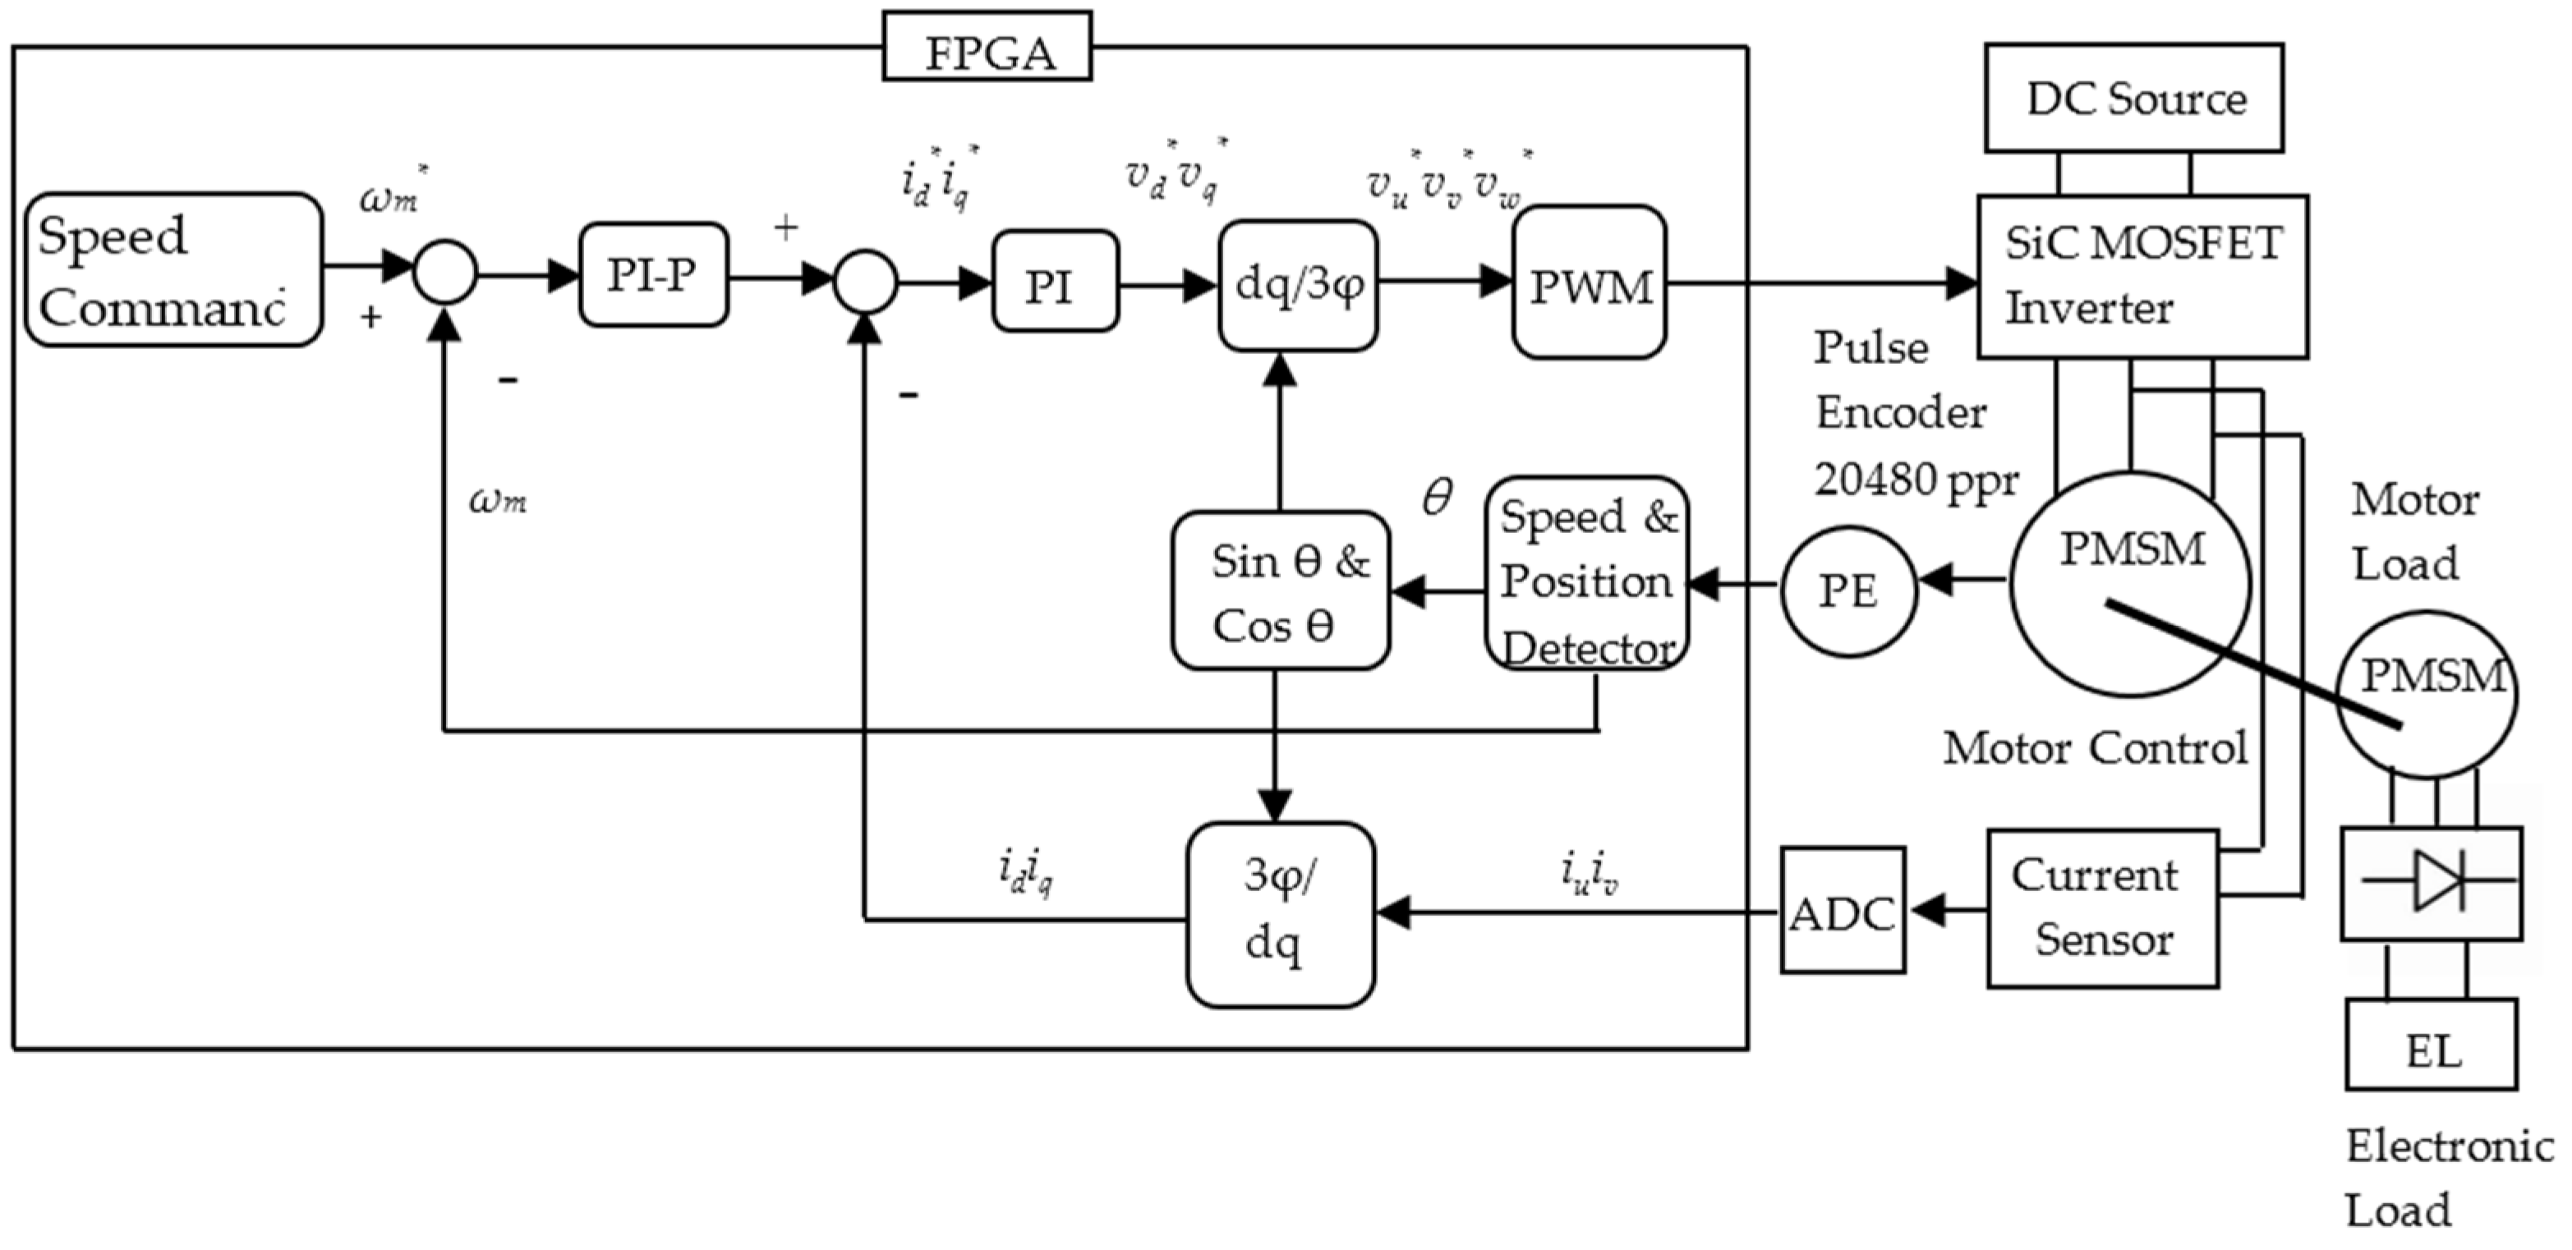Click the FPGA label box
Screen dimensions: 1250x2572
pos(987,47)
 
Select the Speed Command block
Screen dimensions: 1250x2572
pos(173,270)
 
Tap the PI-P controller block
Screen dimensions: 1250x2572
pos(653,274)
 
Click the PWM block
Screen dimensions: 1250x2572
pos(1589,283)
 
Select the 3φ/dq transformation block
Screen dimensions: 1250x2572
pos(1280,913)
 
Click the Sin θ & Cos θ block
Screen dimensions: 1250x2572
pos(1280,591)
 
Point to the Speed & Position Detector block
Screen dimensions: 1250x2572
pos(1586,575)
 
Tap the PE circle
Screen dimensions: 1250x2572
pos(1848,591)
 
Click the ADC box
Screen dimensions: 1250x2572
pos(1843,911)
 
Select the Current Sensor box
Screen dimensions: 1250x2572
pos(2102,908)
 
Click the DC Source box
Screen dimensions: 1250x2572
pos(2133,98)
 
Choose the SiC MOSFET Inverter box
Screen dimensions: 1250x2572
pos(2142,277)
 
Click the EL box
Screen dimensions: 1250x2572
pos(2432,1045)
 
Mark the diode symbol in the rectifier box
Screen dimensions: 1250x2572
pos(2437,880)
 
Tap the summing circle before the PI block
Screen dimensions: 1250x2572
pos(865,282)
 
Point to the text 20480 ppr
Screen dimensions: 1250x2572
pos(1915,480)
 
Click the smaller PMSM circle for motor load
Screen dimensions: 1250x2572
pos(2427,694)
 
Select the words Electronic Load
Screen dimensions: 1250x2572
pos(2446,1178)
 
